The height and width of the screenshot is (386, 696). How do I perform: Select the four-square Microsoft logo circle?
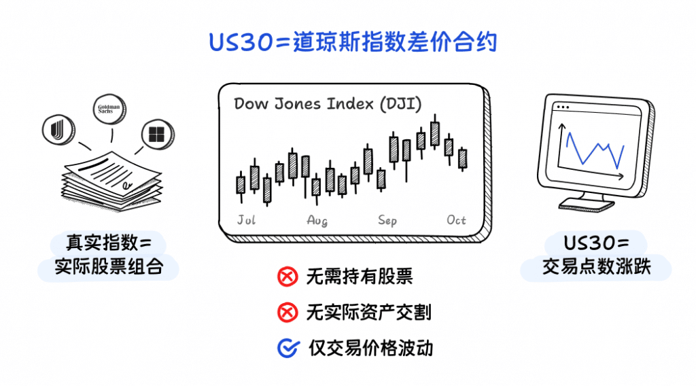coord(156,134)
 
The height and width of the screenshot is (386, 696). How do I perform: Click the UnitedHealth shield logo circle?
coord(57,128)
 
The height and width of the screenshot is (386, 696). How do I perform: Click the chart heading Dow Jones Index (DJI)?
coord(328,104)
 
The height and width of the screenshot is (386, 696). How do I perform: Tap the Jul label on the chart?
coord(246,220)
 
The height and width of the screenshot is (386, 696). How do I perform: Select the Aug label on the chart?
coord(317,220)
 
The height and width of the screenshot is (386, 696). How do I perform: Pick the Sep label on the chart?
coord(387,220)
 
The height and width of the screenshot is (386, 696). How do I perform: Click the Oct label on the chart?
coord(457,220)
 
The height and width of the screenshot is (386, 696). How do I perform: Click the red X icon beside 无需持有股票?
coord(288,277)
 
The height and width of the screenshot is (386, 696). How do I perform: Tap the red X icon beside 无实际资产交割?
coord(288,313)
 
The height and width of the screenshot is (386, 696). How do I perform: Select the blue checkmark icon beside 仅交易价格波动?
coord(288,348)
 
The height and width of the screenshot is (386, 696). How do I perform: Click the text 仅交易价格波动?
coord(370,348)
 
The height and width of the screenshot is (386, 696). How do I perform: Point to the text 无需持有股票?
coord(360,277)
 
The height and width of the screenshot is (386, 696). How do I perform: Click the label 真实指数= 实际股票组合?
coord(109,256)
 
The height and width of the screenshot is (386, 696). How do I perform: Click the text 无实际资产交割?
coord(368,313)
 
